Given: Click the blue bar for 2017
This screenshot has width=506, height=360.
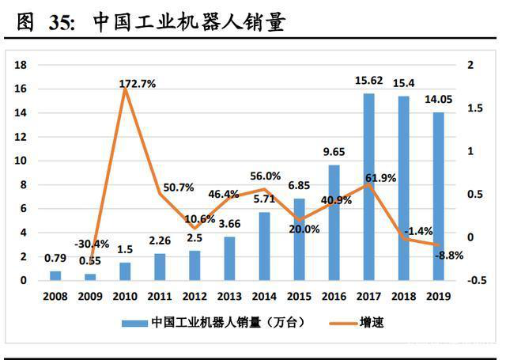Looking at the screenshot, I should point(368,187).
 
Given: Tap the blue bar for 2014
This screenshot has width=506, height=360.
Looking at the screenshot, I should point(264,246).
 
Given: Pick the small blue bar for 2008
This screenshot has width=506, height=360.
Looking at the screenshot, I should point(55,275).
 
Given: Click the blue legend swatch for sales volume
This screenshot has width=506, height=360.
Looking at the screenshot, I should point(134,323).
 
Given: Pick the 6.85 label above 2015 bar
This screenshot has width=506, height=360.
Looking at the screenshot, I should point(299,185).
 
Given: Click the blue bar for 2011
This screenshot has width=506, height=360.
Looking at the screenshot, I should point(159,267).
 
